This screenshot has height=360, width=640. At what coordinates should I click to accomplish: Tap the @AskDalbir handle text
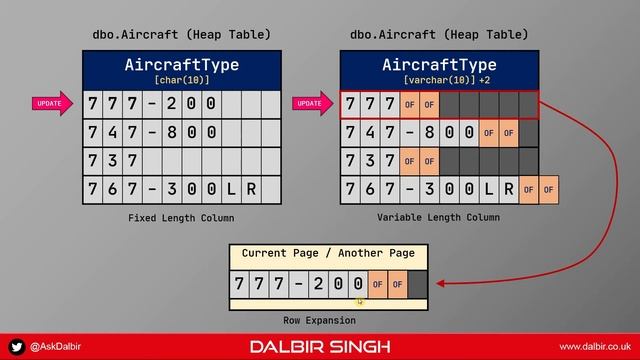[54, 346]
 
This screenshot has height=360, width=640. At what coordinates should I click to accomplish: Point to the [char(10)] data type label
[181, 78]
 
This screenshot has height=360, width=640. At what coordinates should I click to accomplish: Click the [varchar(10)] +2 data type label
[440, 78]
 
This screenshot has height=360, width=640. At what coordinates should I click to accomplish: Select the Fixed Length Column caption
[181, 217]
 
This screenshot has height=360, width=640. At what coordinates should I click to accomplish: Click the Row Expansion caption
[327, 320]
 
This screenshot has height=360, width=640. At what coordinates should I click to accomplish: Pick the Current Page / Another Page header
[328, 254]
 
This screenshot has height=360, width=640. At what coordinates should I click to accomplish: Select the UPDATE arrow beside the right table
[311, 104]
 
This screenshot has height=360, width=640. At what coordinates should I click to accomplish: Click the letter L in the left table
[231, 188]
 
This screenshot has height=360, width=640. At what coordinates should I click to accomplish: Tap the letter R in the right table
[509, 188]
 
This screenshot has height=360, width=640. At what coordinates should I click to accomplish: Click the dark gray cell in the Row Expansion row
[417, 284]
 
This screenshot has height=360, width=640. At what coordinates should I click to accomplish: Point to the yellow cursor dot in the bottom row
[360, 300]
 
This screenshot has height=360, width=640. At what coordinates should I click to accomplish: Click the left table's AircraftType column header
[181, 65]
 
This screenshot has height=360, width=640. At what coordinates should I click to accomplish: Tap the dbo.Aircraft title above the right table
[440, 35]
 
